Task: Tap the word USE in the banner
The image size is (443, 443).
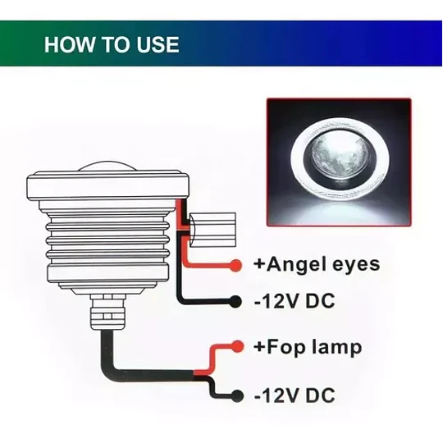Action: click(x=158, y=44)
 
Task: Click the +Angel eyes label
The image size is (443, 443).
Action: click(x=317, y=265)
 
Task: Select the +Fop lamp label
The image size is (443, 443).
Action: click(x=308, y=347)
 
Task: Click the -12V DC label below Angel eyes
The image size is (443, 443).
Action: click(x=295, y=300)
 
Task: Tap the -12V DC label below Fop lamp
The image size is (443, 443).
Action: click(x=295, y=395)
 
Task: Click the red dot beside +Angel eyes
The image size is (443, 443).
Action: click(x=235, y=265)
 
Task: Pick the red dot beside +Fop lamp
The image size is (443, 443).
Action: click(x=237, y=346)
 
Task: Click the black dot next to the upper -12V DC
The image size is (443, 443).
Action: click(x=235, y=301)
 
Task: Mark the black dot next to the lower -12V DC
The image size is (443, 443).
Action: click(x=237, y=395)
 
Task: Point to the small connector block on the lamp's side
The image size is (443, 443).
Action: click(x=212, y=230)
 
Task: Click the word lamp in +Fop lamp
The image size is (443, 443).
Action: click(x=336, y=348)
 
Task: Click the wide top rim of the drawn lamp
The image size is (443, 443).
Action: click(x=107, y=185)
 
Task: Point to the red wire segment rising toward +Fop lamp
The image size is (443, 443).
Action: click(x=211, y=359)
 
